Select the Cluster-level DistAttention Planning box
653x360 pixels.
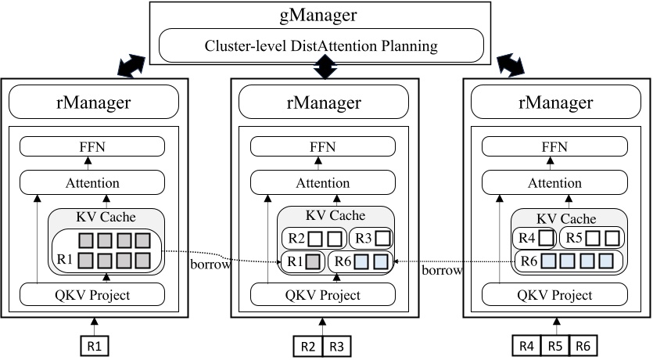click(x=321, y=46)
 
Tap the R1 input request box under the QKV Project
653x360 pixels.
click(x=92, y=344)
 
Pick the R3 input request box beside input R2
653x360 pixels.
click(x=335, y=344)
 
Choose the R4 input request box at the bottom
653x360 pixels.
click(x=526, y=344)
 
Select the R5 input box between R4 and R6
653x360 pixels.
click(x=555, y=344)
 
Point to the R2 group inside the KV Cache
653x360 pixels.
click(x=312, y=237)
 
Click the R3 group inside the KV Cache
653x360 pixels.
click(x=368, y=237)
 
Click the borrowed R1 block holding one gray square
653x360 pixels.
click(x=301, y=262)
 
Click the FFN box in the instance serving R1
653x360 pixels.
click(x=92, y=146)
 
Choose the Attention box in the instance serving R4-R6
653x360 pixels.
click(x=555, y=183)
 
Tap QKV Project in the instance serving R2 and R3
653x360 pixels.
click(x=321, y=295)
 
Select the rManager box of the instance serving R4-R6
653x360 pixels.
click(x=555, y=101)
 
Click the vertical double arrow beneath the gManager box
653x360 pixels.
click(x=321, y=71)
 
